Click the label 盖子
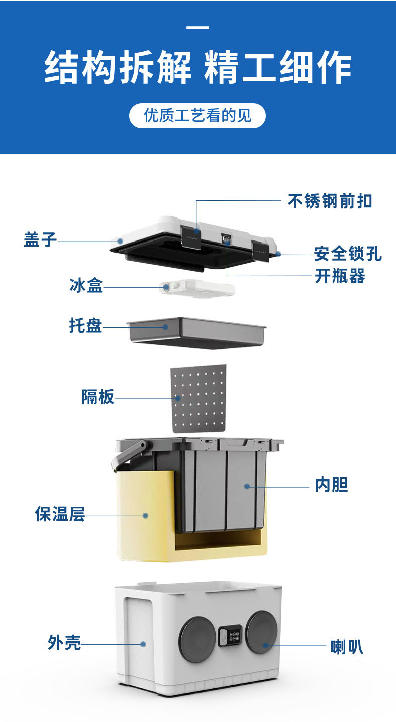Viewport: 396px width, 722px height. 40,239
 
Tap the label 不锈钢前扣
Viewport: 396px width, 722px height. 329,201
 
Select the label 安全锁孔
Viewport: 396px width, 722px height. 347,254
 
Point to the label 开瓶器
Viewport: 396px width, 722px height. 339,276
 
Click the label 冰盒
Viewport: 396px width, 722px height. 86,286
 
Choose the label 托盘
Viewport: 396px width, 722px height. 85,325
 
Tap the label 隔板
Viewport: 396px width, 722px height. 98,397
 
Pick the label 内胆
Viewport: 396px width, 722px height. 331,485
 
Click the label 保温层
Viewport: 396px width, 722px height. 60,514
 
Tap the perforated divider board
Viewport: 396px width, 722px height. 199,398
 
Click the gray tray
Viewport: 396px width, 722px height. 197,332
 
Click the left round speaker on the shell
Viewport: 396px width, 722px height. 197,639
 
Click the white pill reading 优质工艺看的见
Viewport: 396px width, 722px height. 197,116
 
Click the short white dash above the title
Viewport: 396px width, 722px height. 197,27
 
